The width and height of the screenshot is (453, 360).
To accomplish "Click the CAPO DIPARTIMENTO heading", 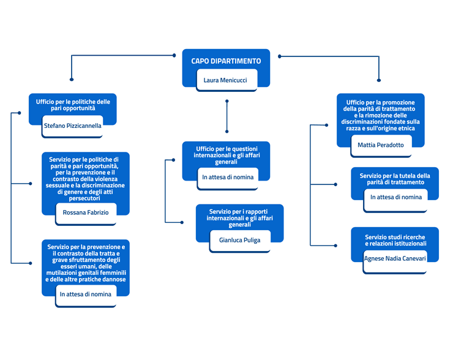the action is [226, 61].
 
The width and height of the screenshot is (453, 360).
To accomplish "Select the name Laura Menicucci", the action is [225, 80].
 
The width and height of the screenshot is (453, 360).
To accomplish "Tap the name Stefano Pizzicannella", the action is [72, 126].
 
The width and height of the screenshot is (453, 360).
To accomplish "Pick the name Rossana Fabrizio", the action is [86, 212].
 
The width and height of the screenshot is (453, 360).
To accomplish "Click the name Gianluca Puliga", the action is [239, 240].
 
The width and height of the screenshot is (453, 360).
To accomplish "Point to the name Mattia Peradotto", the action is [381, 145].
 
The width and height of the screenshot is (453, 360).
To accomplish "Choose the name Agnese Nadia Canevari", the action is [395, 258].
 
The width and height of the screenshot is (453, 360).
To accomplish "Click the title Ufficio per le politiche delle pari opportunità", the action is [73, 105].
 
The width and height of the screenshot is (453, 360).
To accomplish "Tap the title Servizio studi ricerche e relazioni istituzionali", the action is [395, 241].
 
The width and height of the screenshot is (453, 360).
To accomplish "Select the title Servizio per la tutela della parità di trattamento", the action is [395, 179].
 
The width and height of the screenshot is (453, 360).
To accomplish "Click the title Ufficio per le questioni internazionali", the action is [226, 155].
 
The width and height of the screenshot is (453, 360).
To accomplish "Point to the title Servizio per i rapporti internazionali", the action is [239, 218].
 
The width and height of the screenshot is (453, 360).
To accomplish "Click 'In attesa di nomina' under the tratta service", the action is [86, 294].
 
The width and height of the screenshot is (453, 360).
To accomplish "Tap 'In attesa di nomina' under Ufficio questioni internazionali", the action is [228, 177].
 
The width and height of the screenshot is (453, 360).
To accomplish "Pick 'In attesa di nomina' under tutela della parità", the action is [396, 197].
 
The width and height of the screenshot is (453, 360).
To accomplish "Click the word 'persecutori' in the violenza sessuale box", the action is [84, 198].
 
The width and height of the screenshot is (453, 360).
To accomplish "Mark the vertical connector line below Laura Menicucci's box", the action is [226, 116].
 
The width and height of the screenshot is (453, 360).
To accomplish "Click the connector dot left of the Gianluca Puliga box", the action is [182, 222].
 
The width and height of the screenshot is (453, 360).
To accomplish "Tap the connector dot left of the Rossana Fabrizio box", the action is [31, 184].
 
